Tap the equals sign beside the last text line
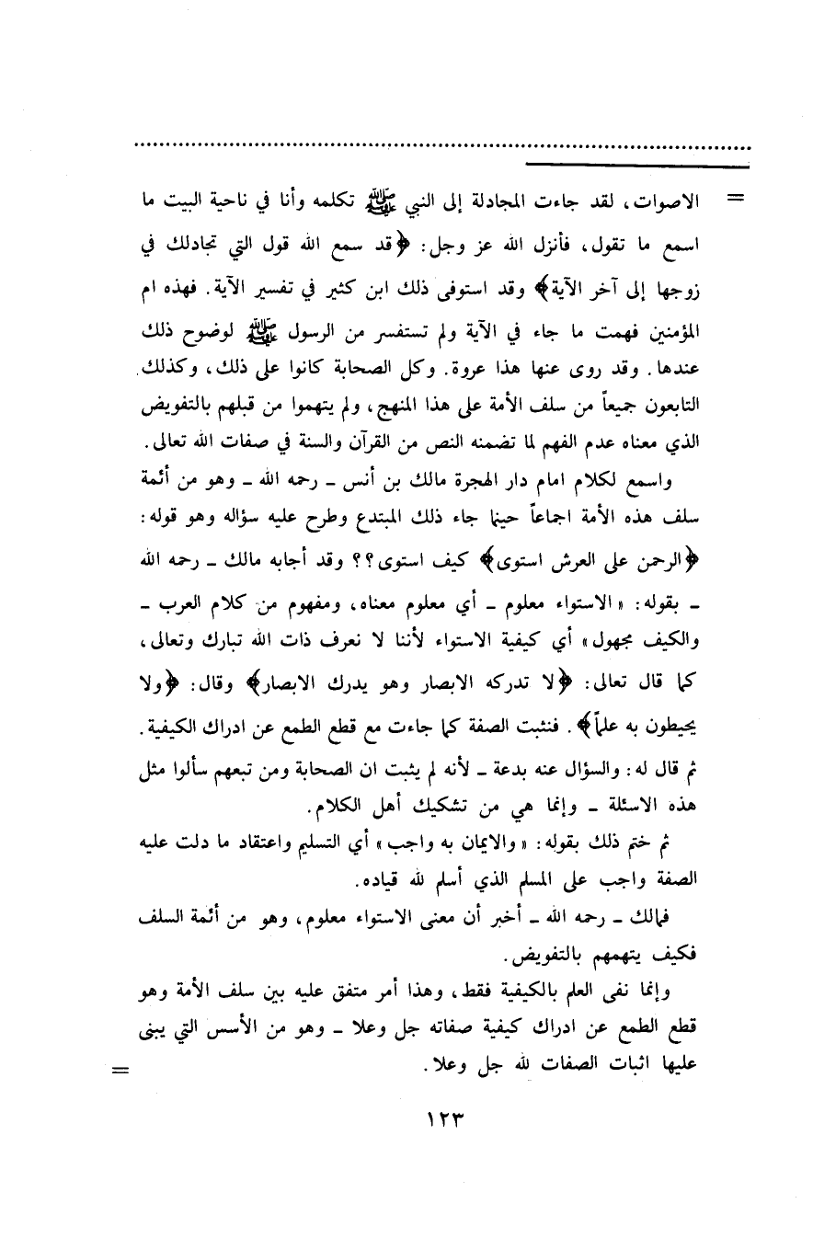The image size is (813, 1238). (120, 1071)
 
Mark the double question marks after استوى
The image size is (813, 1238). (473, 554)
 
